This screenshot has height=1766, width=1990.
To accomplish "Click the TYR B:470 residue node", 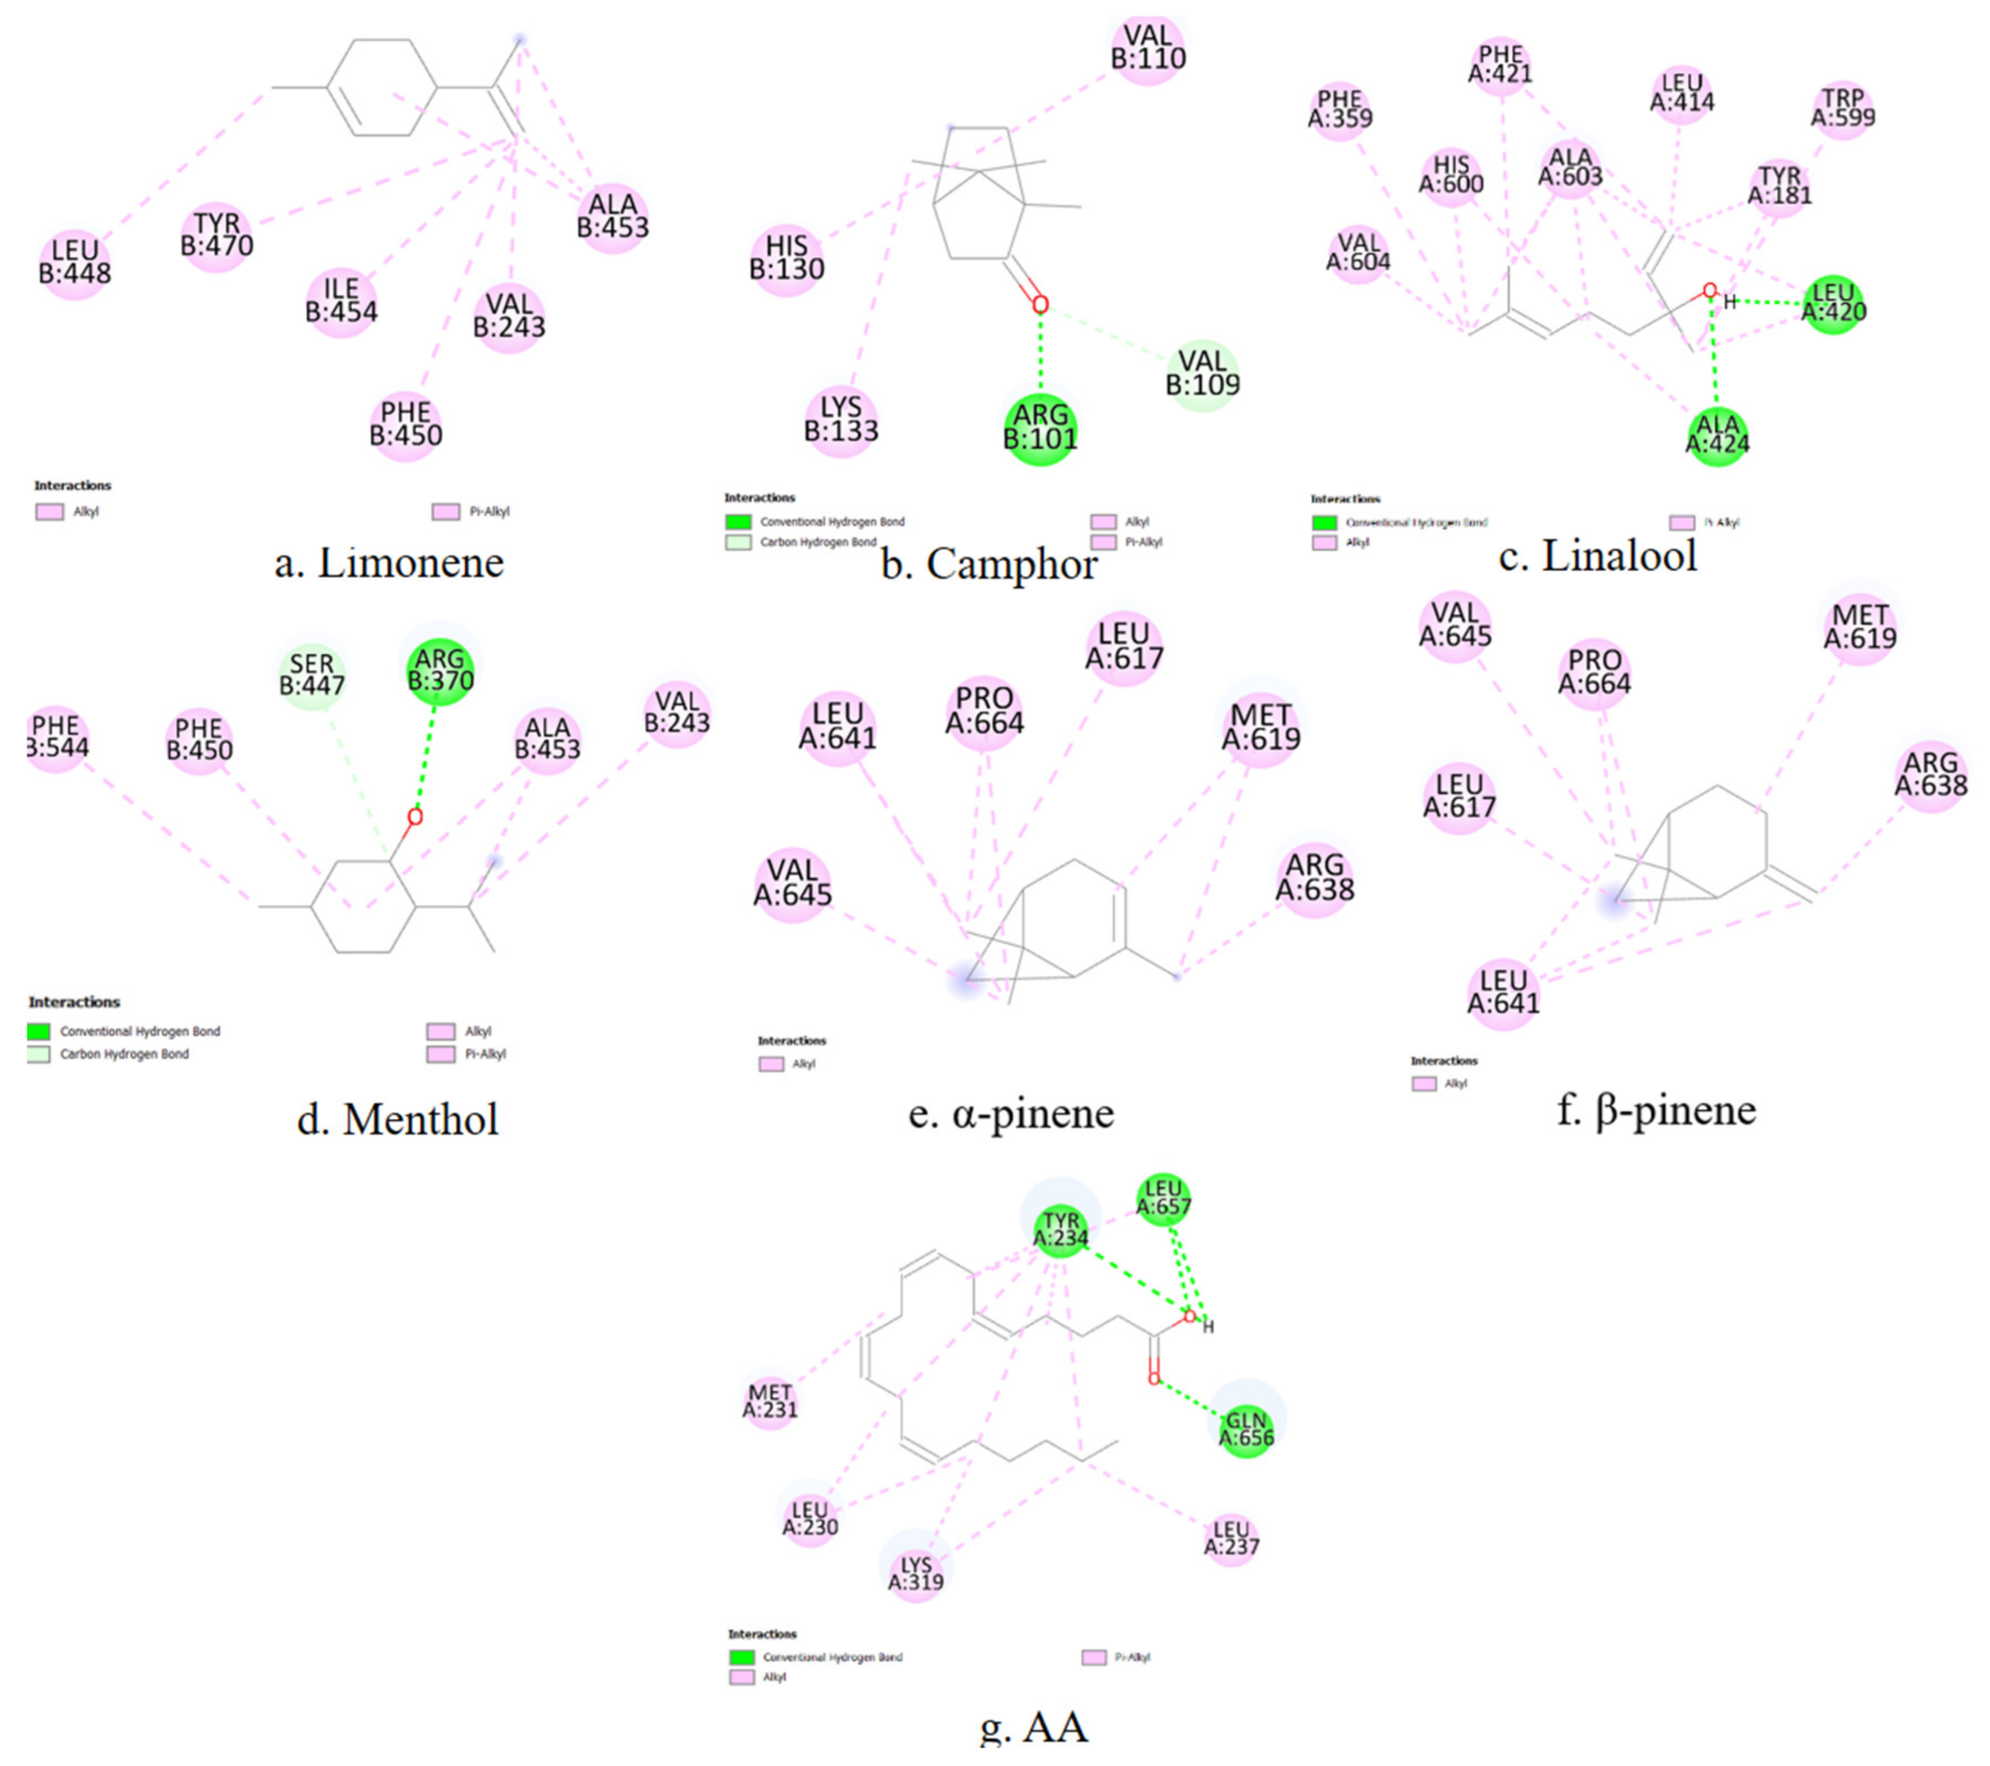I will (216, 236).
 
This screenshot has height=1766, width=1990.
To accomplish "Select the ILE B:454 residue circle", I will (341, 301).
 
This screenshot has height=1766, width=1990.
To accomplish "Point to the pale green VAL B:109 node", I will (1202, 374).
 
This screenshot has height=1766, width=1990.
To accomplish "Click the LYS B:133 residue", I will (841, 420).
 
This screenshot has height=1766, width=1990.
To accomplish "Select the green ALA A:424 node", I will (1718, 434).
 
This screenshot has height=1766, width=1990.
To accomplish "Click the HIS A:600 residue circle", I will (1451, 175).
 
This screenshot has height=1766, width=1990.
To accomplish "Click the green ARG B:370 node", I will (440, 670).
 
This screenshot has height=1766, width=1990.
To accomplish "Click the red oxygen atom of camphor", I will (1040, 305).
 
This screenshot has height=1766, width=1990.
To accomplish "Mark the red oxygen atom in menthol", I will (415, 817).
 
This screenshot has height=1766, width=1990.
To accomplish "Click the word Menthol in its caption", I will (421, 1119).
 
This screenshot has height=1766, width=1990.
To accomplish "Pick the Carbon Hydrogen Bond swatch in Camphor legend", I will (738, 542).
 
